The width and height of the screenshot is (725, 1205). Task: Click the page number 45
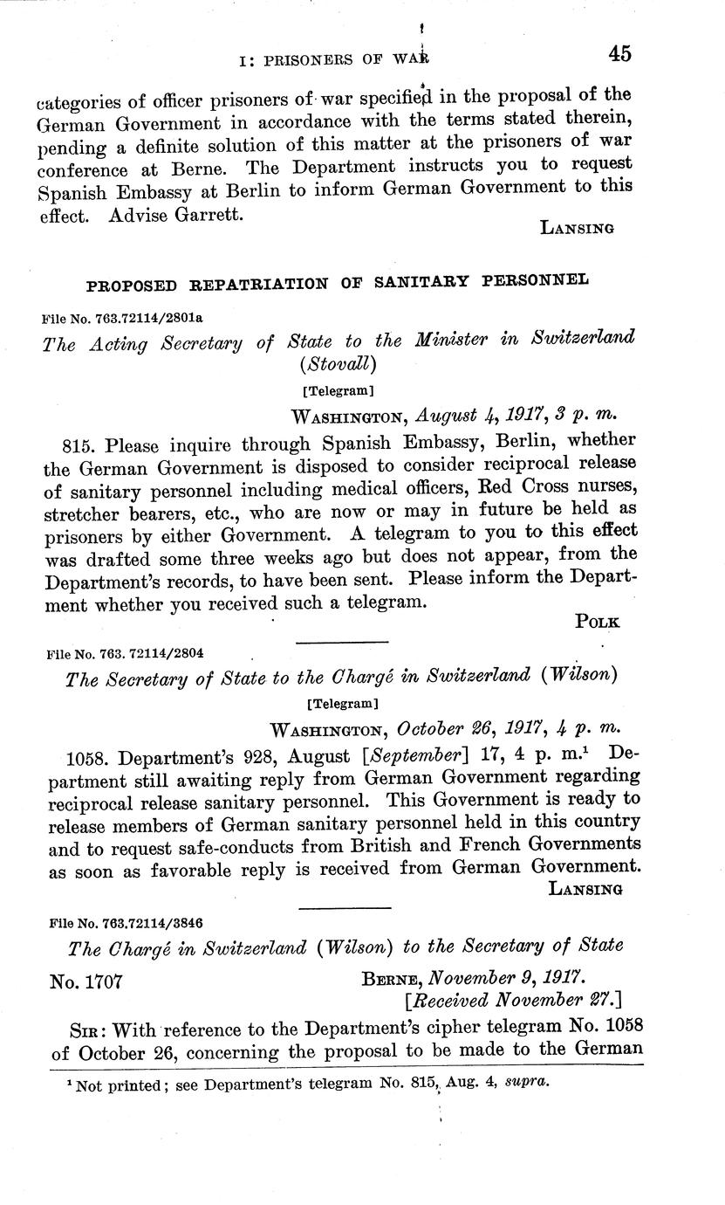coord(619,54)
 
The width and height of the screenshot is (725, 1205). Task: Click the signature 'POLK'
coord(598,622)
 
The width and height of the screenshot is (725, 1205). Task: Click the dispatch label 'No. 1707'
coord(87,981)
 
